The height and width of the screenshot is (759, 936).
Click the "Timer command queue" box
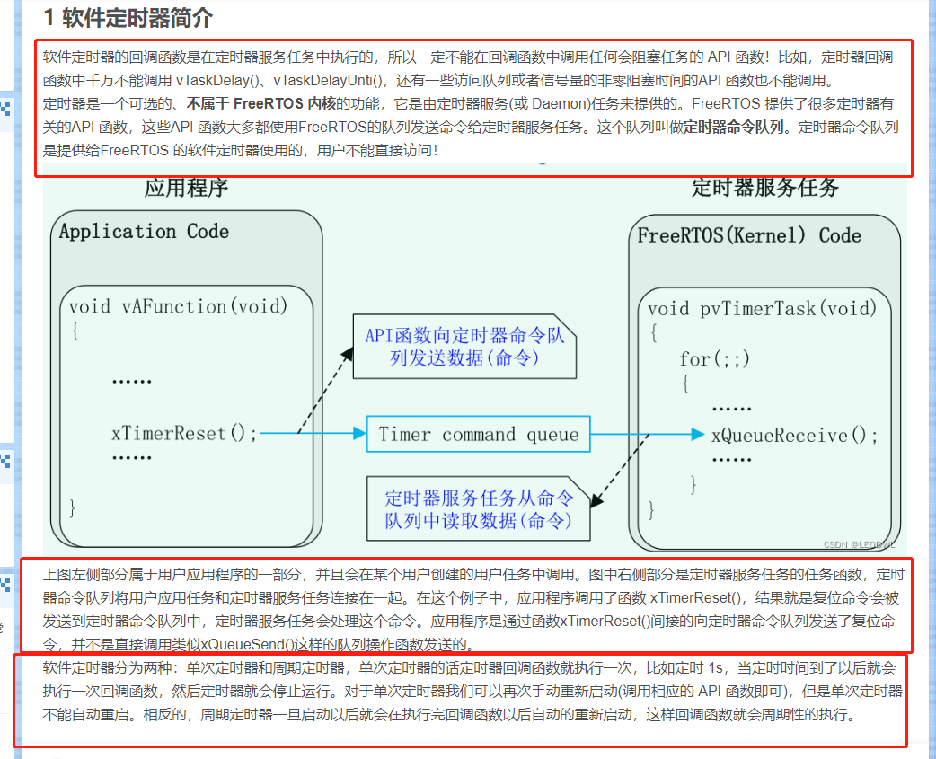pos(479,435)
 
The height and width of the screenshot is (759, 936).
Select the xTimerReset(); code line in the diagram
pos(184,434)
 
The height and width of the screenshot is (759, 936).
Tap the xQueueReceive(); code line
pos(794,436)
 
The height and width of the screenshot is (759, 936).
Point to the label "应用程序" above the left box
pos(186,188)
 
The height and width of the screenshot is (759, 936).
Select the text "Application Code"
pos(144,232)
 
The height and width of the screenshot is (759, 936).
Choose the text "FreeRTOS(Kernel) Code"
pos(749,236)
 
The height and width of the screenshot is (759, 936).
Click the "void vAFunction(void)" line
pos(178,307)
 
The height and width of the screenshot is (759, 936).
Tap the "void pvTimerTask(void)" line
pos(761,309)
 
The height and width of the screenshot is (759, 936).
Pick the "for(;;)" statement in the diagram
pos(714,359)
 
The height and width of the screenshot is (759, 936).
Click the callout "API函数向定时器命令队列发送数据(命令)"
pos(464,347)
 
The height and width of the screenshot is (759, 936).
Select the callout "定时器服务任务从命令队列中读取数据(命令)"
pos(478,509)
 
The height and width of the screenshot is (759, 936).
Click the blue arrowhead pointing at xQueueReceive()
pos(698,435)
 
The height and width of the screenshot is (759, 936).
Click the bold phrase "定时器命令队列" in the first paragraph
pos(734,128)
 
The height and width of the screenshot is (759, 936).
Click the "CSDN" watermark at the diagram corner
pos(837,543)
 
